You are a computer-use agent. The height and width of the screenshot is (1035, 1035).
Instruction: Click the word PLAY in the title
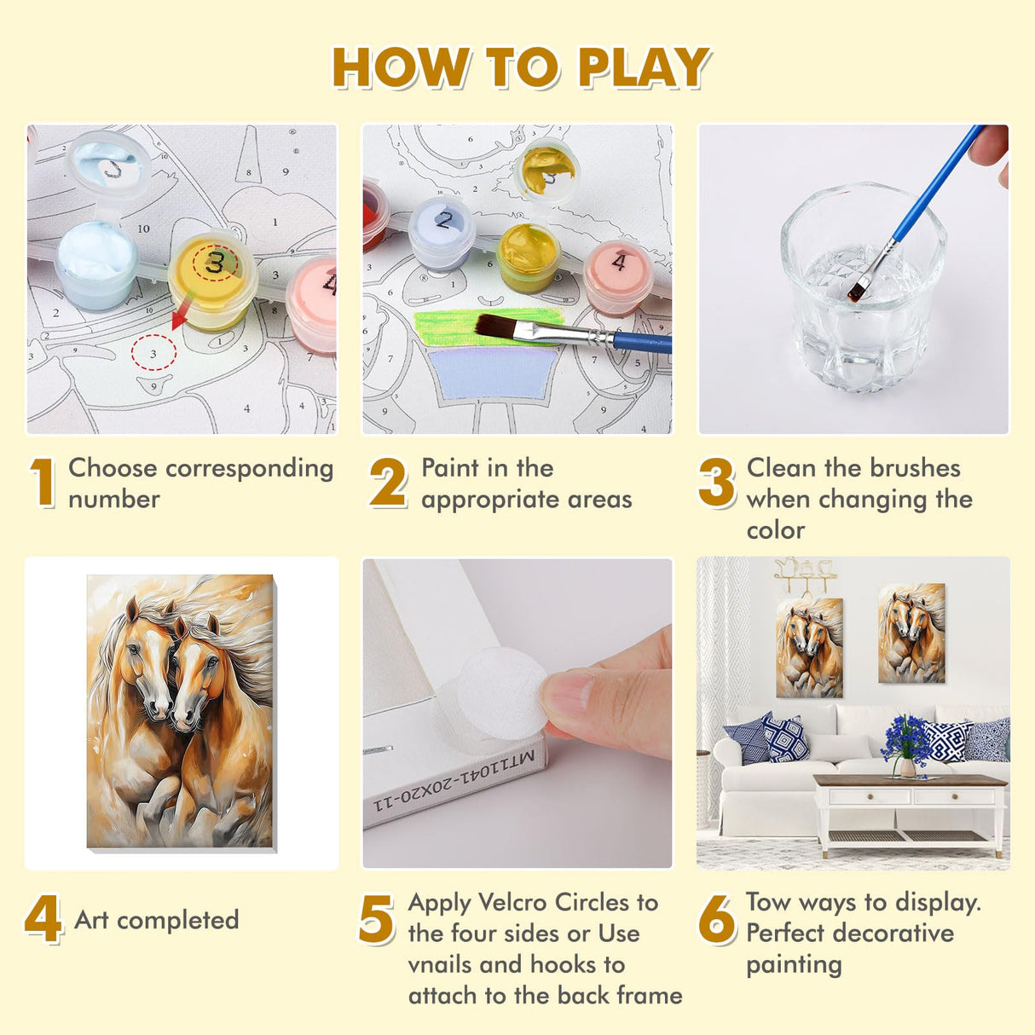tap(644, 67)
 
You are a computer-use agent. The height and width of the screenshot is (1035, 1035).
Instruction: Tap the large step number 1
tap(43, 483)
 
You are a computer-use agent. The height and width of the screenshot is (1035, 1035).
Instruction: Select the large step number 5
tap(377, 920)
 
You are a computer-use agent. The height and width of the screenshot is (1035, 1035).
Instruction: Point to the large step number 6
tap(717, 920)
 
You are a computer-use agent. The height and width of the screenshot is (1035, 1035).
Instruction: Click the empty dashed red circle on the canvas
tap(154, 352)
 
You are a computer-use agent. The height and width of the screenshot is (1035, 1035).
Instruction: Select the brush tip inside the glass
tap(856, 291)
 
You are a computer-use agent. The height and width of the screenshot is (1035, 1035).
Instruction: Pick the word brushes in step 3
tap(915, 468)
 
